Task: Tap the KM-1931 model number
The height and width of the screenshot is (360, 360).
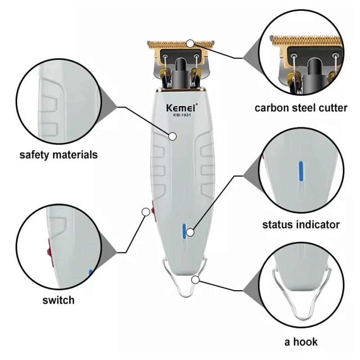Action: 182,115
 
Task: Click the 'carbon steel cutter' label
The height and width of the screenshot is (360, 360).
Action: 301,108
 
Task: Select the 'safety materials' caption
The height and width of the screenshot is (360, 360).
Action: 58,155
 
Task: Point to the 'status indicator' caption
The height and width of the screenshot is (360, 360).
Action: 301,225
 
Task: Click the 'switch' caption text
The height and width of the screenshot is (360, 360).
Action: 58,300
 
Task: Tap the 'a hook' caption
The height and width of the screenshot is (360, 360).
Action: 301,342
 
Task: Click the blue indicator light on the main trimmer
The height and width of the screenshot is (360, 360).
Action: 184,231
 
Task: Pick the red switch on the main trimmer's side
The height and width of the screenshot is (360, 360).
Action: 153,211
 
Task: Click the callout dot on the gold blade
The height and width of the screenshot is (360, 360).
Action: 190,43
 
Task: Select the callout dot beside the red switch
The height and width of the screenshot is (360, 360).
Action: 146,212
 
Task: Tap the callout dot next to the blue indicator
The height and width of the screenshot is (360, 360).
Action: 190,232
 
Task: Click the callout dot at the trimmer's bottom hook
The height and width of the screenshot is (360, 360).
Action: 195,280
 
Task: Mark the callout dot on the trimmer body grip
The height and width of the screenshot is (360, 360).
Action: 172,136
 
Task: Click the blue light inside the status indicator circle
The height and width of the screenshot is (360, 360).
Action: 301,171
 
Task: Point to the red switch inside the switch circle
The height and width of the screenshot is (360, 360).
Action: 50,252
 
